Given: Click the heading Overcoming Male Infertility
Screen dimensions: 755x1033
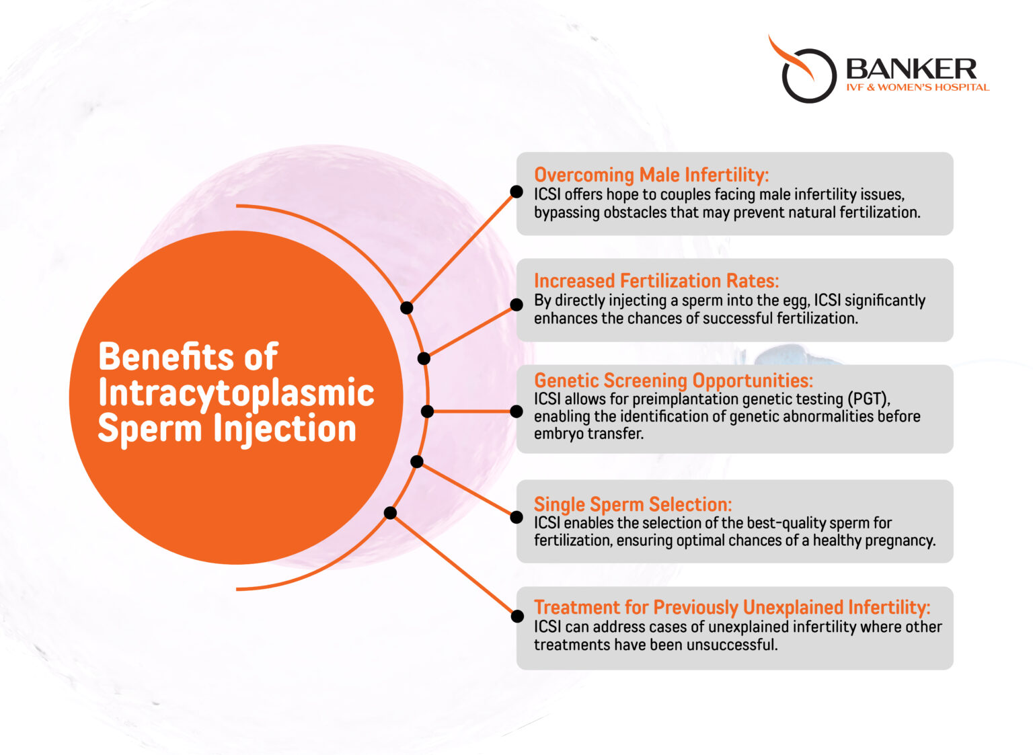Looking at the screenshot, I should tap(651, 175).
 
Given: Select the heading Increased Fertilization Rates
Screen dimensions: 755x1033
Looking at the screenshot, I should tap(656, 281).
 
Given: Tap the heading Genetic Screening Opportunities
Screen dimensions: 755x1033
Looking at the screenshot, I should tap(673, 381).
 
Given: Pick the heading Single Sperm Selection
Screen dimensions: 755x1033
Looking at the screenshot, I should tap(632, 504).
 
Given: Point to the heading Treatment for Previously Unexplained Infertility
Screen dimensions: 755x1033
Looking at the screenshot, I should tap(732, 608).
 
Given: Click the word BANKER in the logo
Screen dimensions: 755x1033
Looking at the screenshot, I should tap(911, 69).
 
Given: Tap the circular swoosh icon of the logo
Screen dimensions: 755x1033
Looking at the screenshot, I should tap(804, 73).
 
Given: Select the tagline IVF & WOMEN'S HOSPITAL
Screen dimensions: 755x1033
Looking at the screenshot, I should tap(917, 87).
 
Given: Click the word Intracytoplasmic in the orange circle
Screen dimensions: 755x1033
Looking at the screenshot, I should tap(236, 393).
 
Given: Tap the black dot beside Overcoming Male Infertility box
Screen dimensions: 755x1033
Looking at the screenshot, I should tap(516, 192).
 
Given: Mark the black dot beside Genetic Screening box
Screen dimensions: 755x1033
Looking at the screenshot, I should tap(516, 411).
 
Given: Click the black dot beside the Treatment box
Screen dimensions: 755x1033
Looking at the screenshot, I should tap(517, 616).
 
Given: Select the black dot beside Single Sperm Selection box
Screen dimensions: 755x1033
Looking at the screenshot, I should tap(516, 517).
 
